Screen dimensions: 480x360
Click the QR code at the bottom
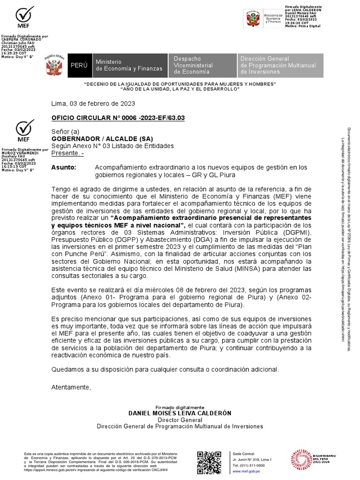pyautogui.click(x=209, y=463)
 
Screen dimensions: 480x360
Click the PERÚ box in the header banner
pyautogui.click(x=79, y=65)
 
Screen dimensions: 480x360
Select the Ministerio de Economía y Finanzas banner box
pyautogui.click(x=129, y=65)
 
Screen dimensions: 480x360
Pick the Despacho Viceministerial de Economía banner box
pyautogui.click(x=202, y=65)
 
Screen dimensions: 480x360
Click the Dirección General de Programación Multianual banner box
pyautogui.click(x=280, y=65)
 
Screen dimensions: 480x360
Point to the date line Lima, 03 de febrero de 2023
pyautogui.click(x=93, y=104)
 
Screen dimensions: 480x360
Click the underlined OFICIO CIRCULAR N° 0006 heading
pyautogui.click(x=118, y=118)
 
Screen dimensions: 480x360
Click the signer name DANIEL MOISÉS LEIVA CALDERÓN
pyautogui.click(x=180, y=413)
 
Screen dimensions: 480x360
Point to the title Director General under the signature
pyautogui.click(x=180, y=420)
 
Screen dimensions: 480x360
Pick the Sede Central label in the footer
pyautogui.click(x=243, y=454)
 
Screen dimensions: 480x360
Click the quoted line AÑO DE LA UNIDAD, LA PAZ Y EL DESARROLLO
pyautogui.click(x=180, y=89)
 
